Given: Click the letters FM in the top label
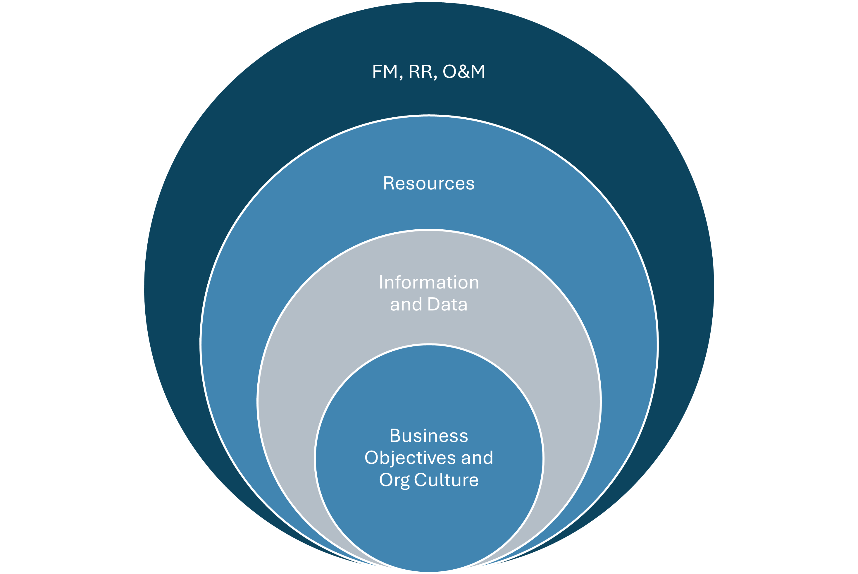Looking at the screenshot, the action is [385, 71].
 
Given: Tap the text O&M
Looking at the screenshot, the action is [464, 71].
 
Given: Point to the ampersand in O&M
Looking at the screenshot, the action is [464, 71].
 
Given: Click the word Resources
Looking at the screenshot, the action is [429, 183].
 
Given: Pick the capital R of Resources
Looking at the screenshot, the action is [389, 183].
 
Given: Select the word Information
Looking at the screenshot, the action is [429, 282].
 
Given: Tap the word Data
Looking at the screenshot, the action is [447, 304].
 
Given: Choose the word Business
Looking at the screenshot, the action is [429, 436].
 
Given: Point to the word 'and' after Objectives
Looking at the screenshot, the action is [477, 458].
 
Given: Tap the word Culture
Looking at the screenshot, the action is [446, 480].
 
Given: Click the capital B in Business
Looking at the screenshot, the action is [396, 436].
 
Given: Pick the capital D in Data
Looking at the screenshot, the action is [434, 304].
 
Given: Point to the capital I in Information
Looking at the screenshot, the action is [381, 282].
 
